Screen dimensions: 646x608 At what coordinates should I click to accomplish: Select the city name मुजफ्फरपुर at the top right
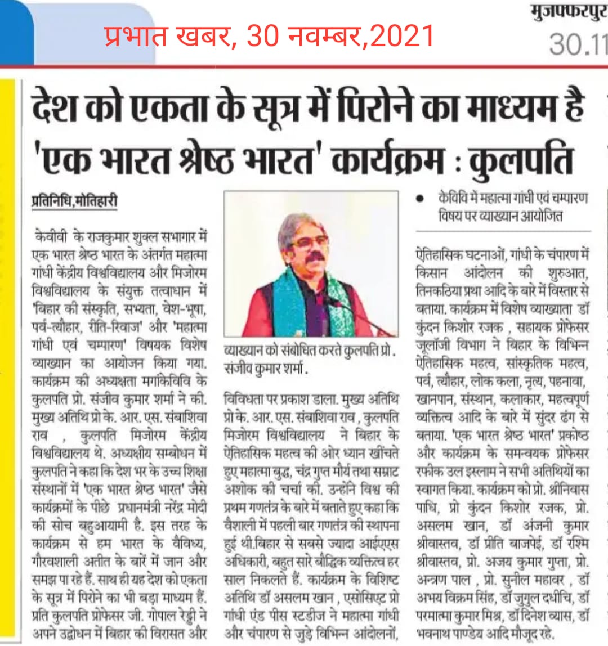[x=569, y=12]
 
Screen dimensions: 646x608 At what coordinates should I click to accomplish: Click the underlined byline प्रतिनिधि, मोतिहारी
[x=74, y=201]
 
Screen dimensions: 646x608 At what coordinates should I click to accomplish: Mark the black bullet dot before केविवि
[x=419, y=198]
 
